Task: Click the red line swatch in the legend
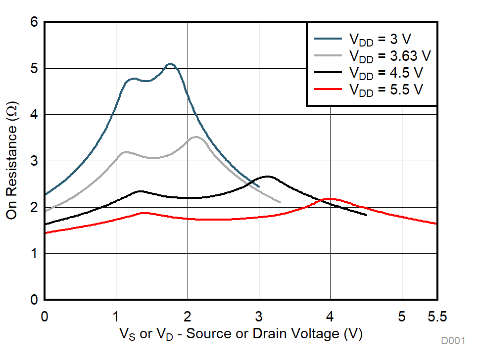(328, 89)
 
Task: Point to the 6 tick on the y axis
(34, 22)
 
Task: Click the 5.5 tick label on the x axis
(437, 316)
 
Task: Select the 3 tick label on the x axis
(259, 316)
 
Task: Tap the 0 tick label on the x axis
(45, 316)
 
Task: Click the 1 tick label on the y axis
(34, 254)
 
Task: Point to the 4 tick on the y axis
(34, 115)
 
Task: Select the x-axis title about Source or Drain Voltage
(241, 334)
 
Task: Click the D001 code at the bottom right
(453, 341)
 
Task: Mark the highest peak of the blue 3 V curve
(170, 64)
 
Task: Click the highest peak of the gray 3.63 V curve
(196, 137)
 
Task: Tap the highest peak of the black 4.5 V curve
(268, 176)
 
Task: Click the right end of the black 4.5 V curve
(366, 215)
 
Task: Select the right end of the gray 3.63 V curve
(280, 202)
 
